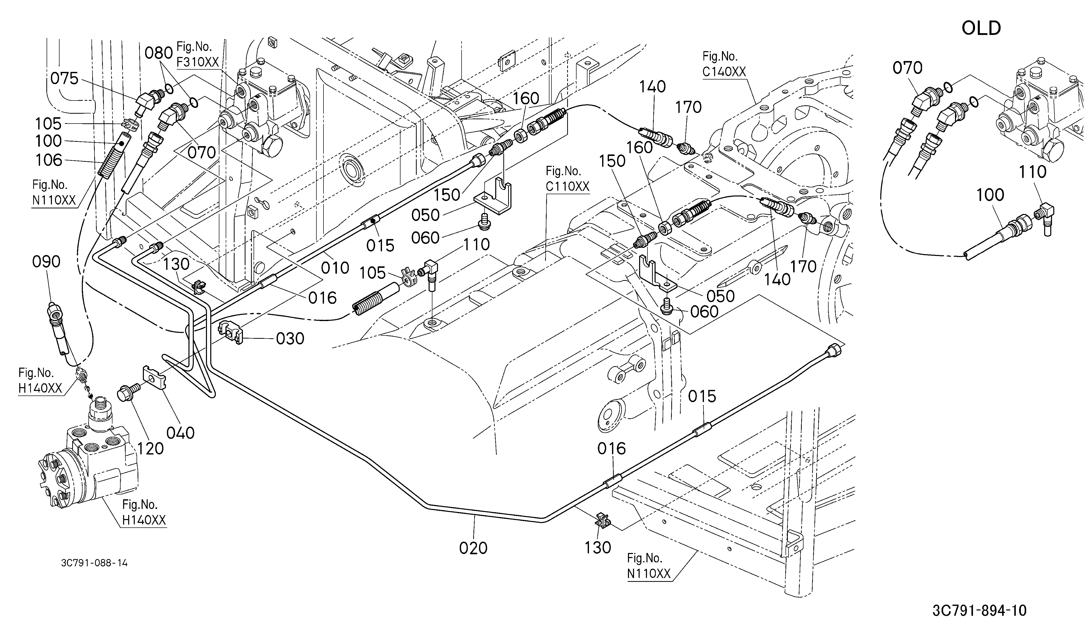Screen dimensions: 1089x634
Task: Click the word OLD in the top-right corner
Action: coord(981,29)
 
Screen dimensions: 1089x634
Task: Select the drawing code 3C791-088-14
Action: coord(95,563)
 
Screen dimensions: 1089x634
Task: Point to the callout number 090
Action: coord(47,262)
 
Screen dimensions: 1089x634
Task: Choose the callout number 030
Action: coord(290,339)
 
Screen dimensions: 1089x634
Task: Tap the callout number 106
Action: coord(49,161)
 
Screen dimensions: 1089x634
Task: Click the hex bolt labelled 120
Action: coord(128,392)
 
